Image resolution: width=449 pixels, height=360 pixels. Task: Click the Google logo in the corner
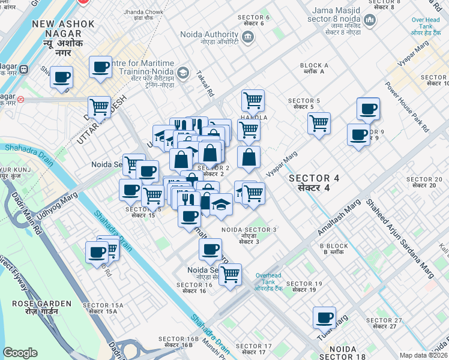coord(20,353)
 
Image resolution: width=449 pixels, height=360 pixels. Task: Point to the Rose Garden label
coord(35,307)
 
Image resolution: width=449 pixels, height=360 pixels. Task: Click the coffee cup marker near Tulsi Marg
coord(325,317)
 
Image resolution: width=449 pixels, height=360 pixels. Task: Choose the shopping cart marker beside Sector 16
coord(229,275)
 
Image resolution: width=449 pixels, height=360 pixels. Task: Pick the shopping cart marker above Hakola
coord(253,100)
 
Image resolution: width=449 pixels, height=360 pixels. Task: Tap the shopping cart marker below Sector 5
coord(319,123)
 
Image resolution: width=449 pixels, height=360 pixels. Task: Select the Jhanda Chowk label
coord(143,15)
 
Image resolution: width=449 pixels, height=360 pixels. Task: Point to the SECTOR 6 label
coord(253,20)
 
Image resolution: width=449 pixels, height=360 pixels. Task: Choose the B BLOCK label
coord(334,249)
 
